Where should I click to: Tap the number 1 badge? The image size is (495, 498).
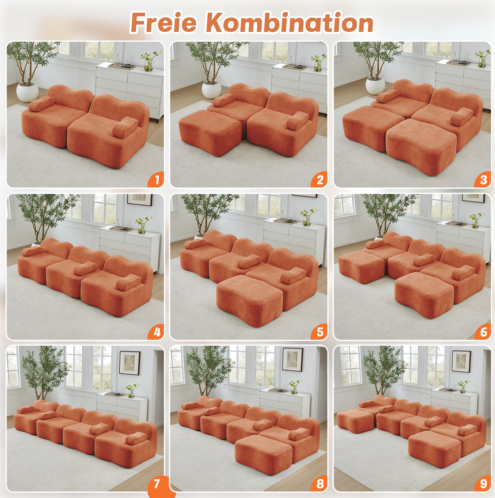coord(156,179)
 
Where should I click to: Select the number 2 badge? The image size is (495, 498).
coord(320,179)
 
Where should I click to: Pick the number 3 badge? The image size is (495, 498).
coord(483,179)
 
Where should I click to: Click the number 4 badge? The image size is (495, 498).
coord(156,332)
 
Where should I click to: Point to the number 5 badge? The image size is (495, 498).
coord(320,332)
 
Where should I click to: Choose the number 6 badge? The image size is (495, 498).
coord(483,332)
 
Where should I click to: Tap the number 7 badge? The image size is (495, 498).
coord(157,483)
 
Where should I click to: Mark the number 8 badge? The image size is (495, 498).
coord(320,483)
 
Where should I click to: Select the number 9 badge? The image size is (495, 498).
coord(483,483)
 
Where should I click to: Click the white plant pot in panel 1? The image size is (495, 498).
coord(27,92)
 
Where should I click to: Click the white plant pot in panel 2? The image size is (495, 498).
coord(211,90)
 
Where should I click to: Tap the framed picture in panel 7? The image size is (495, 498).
coord(130,363)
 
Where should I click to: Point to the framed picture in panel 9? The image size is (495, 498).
coord(461,361)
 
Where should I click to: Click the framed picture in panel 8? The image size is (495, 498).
coord(293,359)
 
